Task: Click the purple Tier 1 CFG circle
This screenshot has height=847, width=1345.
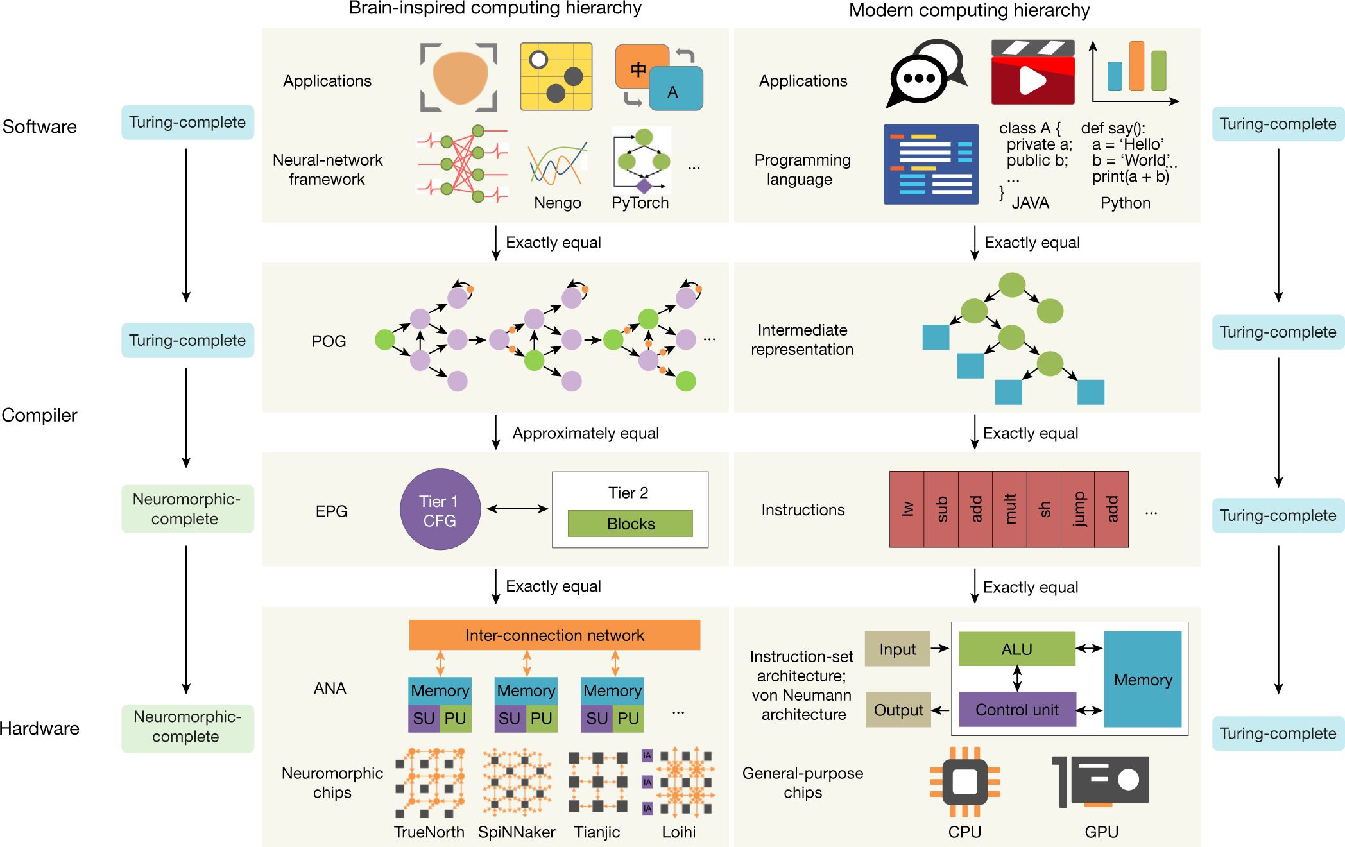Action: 440,509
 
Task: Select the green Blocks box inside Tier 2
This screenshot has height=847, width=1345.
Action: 630,524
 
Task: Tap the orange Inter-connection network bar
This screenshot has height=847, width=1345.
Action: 554,635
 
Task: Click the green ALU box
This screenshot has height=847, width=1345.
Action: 1016,649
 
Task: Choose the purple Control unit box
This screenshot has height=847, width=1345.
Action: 1016,710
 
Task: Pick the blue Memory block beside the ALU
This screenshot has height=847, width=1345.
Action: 1142,679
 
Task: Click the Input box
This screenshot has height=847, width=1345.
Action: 897,649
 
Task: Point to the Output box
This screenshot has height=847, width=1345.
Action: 898,710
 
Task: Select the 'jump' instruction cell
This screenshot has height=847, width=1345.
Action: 1078,509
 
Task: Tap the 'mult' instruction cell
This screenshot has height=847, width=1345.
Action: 1009,509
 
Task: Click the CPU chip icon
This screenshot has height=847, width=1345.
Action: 964,781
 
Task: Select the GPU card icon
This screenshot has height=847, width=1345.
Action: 1101,781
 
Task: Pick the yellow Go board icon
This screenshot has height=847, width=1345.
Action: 556,77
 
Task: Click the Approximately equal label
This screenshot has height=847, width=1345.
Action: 585,433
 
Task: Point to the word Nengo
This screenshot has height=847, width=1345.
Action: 557,203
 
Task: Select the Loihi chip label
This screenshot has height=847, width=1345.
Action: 678,832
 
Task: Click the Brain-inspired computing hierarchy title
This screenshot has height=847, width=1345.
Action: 494,8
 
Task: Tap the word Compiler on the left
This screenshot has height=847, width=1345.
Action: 39,415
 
